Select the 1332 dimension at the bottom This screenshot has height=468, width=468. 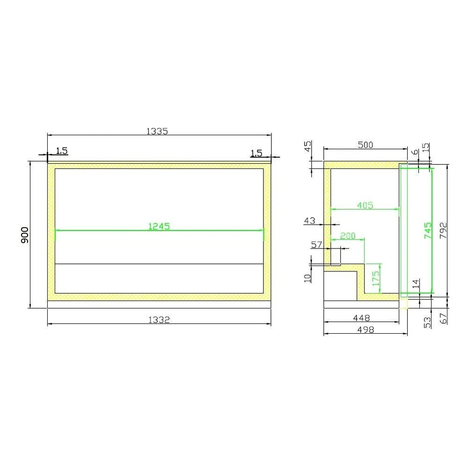159,320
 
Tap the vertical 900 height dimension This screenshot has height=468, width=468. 25,235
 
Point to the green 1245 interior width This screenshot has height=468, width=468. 159,226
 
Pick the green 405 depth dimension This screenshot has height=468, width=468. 365,205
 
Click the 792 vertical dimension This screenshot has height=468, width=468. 444,231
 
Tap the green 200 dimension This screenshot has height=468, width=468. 348,236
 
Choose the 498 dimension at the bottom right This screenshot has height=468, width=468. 365,329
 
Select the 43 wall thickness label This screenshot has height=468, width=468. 310,221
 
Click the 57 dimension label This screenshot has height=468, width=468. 317,245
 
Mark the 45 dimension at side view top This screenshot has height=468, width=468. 308,146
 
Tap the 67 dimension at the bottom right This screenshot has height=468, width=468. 444,319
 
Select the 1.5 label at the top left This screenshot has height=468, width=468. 62,151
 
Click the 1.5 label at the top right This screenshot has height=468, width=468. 256,153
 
